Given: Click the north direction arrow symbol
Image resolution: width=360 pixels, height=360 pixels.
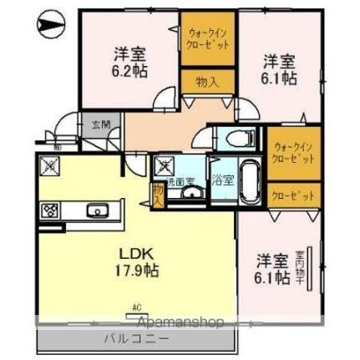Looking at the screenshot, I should (x=48, y=25).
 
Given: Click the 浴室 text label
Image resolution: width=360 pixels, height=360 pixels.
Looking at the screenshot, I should (x=223, y=177).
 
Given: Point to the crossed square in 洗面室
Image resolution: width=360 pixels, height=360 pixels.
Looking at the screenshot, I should (x=163, y=163).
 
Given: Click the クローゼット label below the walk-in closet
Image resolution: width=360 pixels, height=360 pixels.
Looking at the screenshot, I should (x=292, y=195).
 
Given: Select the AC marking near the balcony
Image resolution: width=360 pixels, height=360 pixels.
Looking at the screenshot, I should (x=134, y=307).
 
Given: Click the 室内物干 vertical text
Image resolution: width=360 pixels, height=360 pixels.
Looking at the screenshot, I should (x=311, y=263).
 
